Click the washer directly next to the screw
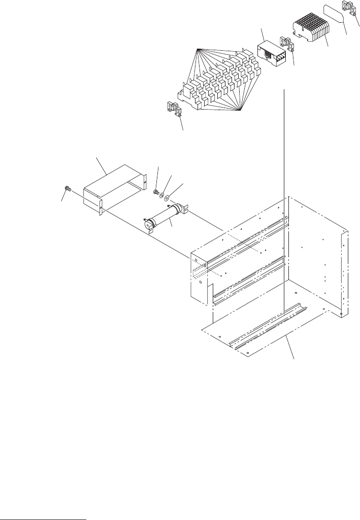[162, 194]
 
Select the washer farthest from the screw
[169, 196]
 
